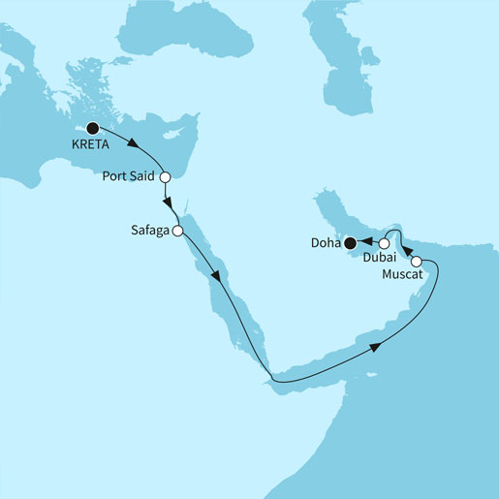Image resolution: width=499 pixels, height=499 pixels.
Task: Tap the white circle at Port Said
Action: (x=165, y=177)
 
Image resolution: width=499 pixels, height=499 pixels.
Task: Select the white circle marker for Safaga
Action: (x=177, y=231)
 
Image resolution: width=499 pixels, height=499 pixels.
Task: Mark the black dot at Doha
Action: (x=349, y=244)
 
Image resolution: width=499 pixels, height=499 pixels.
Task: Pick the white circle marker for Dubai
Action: (x=384, y=243)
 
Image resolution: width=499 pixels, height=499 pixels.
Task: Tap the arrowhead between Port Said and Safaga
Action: (x=170, y=203)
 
